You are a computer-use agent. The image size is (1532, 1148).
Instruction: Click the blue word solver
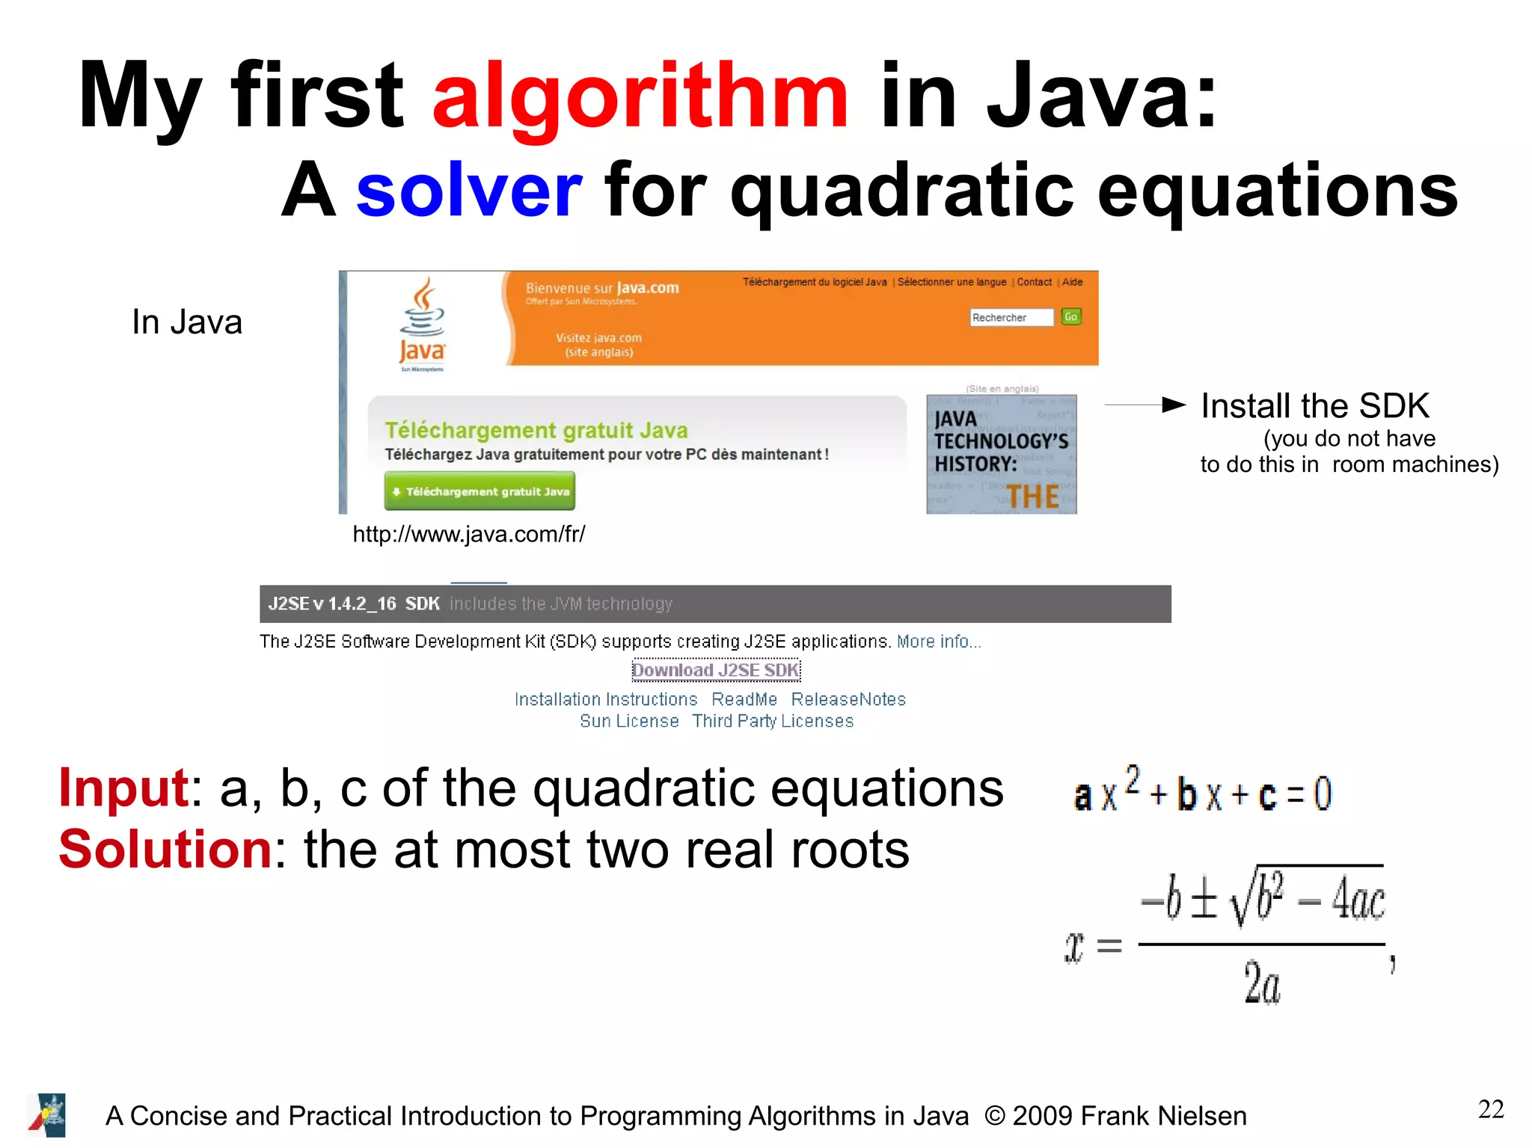(x=468, y=191)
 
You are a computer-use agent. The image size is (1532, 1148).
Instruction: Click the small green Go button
(x=1070, y=317)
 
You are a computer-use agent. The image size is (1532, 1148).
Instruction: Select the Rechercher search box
(x=1011, y=318)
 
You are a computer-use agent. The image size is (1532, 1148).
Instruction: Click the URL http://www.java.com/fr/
(x=468, y=534)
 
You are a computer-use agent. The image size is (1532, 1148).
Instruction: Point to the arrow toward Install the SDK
(x=1145, y=405)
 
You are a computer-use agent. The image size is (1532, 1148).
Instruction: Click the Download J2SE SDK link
(x=716, y=670)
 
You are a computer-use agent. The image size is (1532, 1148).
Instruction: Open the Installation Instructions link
(x=605, y=699)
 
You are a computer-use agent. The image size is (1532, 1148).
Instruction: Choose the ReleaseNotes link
(x=848, y=699)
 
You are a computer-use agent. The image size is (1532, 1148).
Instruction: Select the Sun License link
(x=629, y=721)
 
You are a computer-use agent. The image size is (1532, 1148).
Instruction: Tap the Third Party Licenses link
(x=772, y=721)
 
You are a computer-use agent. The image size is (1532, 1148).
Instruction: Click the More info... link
(x=938, y=642)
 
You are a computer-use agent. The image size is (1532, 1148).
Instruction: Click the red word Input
(x=123, y=788)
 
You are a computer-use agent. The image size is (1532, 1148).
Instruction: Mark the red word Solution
(x=165, y=850)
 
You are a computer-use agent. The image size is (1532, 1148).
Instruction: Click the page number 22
(x=1490, y=1109)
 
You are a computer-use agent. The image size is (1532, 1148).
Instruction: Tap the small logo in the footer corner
(x=47, y=1115)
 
